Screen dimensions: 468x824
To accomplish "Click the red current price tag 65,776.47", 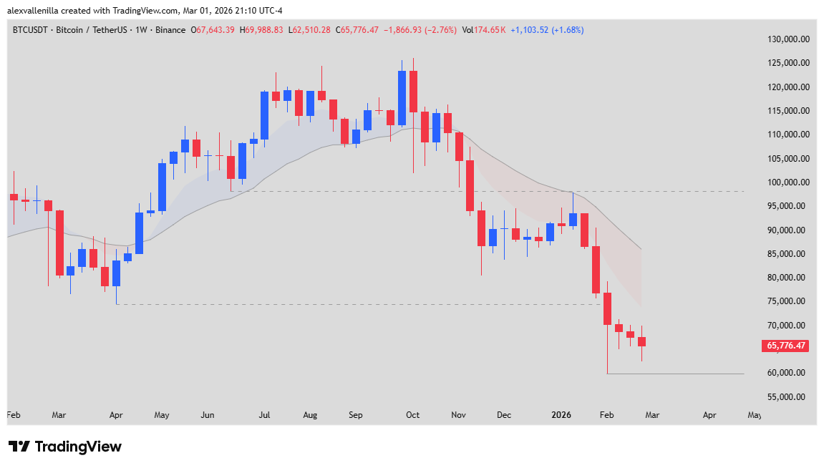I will pyautogui.click(x=786, y=346).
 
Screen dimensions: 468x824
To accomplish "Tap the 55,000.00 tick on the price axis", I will pyautogui.click(x=789, y=396).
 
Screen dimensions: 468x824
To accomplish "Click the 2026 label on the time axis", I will pyautogui.click(x=561, y=414).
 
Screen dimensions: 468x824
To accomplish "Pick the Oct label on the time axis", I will pyautogui.click(x=412, y=414).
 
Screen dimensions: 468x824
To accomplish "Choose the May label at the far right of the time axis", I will pyautogui.click(x=755, y=414).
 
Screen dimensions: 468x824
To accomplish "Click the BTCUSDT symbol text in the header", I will pyautogui.click(x=33, y=30).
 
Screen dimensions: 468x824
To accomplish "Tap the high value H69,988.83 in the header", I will pyautogui.click(x=261, y=30).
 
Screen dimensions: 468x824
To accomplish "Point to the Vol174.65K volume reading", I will pyautogui.click(x=484, y=30).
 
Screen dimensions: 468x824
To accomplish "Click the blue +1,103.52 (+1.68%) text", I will pyautogui.click(x=547, y=30).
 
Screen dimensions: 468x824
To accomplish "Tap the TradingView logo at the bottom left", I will pyautogui.click(x=64, y=447).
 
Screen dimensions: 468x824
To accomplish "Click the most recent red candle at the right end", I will pyautogui.click(x=642, y=341).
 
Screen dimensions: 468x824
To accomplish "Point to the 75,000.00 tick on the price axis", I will pyautogui.click(x=789, y=301).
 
